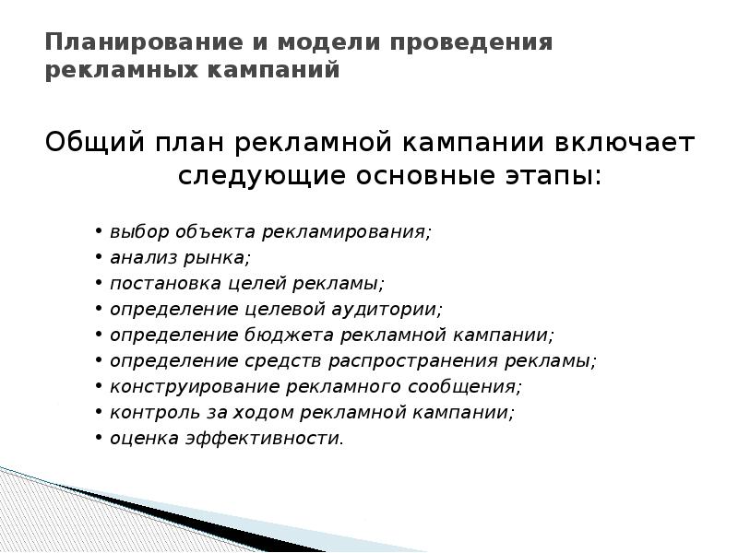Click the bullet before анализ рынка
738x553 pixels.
point(98,258)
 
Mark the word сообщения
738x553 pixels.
point(465,386)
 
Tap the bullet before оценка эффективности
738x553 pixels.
point(98,439)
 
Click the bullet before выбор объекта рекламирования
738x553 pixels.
point(98,232)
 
